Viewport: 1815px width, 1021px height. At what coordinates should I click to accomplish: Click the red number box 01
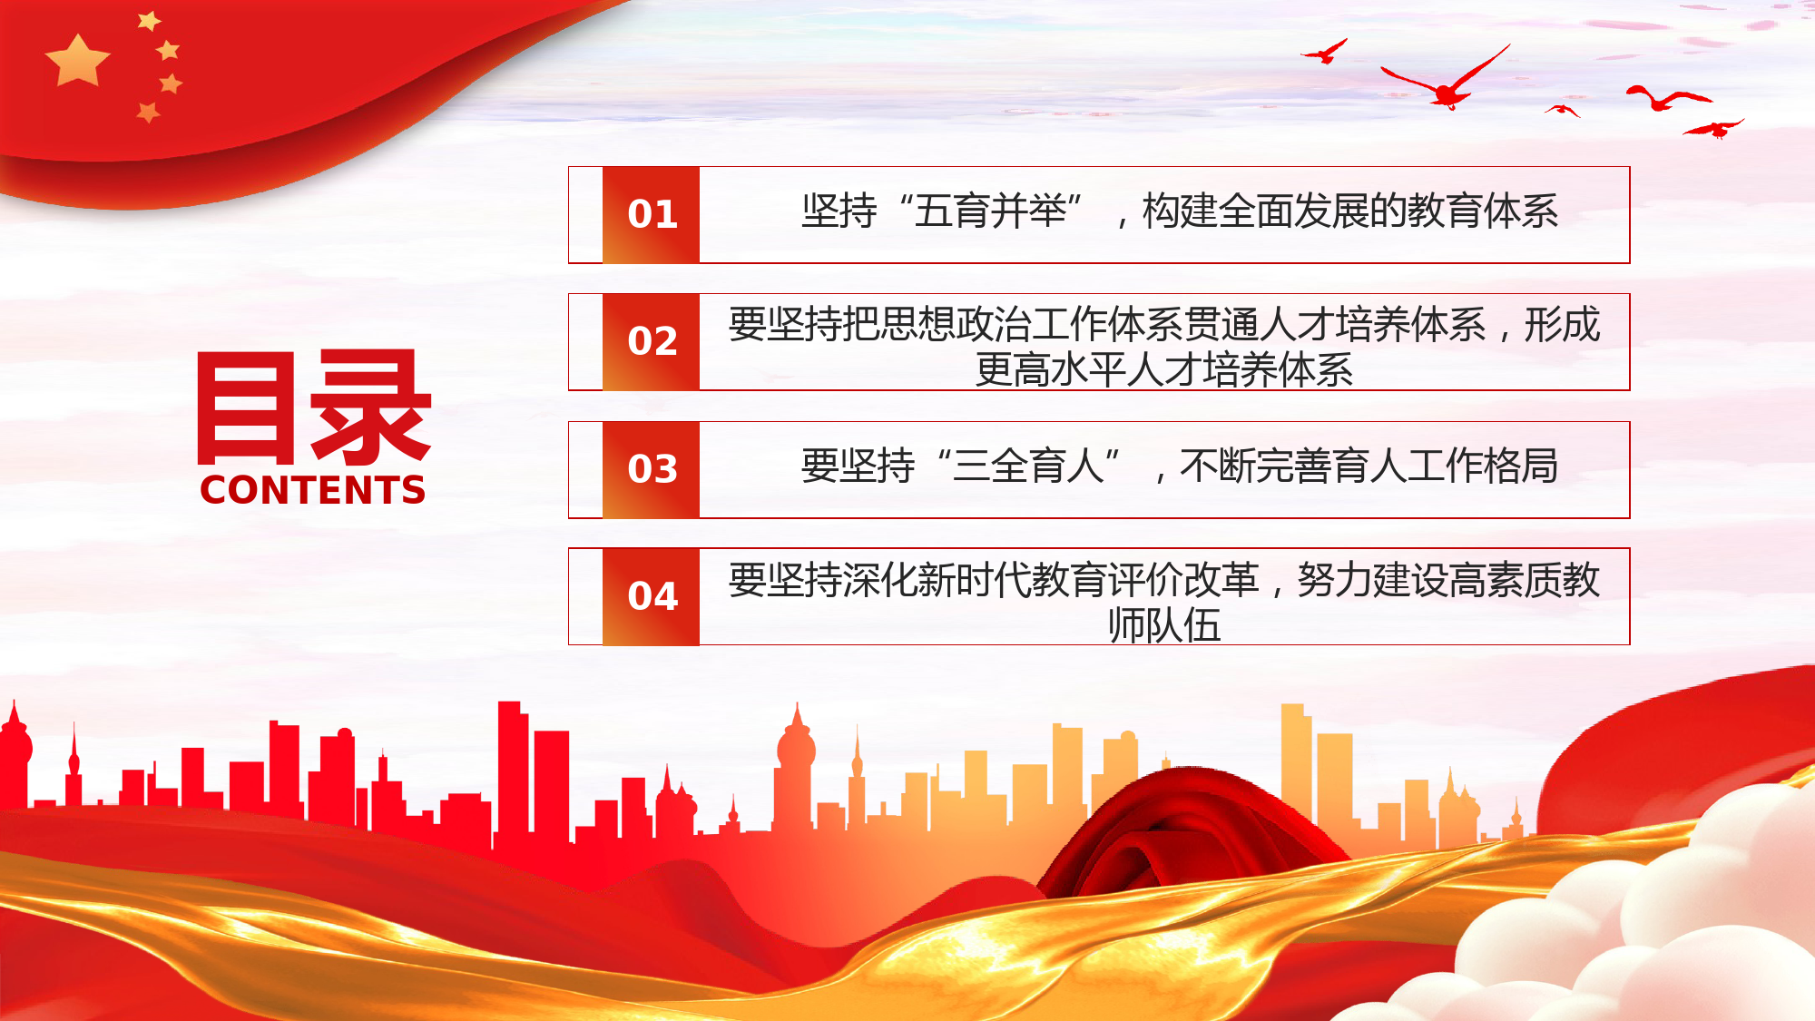pos(651,215)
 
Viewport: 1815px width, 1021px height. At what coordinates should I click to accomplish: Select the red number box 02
pos(651,342)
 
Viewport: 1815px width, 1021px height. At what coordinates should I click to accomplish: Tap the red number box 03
pos(651,470)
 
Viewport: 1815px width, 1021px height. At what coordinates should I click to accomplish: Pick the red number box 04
pos(651,597)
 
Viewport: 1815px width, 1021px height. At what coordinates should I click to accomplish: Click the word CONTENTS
pos(313,490)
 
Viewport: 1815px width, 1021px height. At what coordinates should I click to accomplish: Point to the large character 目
pos(246,407)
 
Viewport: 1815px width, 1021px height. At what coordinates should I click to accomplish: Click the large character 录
pos(370,407)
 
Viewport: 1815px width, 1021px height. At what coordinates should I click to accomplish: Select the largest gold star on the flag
pos(77,61)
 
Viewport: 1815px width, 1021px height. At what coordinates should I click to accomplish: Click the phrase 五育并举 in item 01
pos(990,211)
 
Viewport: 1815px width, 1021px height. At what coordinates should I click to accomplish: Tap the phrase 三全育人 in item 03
pos(1028,466)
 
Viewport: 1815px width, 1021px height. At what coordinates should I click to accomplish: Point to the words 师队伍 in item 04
pos(1164,625)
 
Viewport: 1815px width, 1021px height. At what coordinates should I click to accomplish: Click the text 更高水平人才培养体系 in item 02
pos(1164,370)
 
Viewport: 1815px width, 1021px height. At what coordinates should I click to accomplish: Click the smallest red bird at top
pos(1563,111)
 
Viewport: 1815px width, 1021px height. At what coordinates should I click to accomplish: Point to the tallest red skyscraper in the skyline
pos(513,771)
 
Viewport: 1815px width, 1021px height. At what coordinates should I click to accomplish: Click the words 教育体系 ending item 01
pos(1483,211)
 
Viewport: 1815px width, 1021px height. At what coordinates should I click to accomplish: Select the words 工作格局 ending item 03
pos(1483,466)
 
